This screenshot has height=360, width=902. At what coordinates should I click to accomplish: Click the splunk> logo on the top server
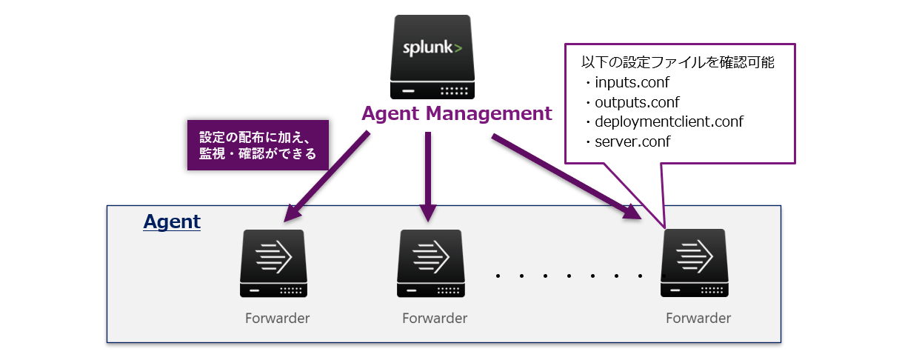(432, 50)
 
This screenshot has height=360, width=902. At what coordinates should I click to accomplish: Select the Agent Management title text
(456, 114)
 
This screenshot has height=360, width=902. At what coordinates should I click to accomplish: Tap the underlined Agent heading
(172, 221)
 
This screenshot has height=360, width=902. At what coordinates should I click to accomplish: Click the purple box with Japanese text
(258, 145)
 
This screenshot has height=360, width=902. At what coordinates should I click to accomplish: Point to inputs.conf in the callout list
(631, 82)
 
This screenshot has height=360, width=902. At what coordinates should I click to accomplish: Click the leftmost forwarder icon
(273, 263)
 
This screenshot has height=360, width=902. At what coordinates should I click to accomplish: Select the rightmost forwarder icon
(695, 263)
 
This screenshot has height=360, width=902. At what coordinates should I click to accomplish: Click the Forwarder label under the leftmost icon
(277, 319)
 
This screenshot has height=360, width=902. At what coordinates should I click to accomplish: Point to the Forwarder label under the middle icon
(435, 319)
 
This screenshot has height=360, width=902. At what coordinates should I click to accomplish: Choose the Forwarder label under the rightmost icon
(698, 319)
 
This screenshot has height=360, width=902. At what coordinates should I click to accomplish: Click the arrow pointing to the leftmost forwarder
(327, 178)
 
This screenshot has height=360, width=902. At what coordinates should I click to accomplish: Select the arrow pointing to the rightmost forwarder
(563, 176)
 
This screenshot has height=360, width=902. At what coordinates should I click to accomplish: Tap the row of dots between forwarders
(570, 276)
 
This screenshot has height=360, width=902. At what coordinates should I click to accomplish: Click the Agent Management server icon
(432, 57)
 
